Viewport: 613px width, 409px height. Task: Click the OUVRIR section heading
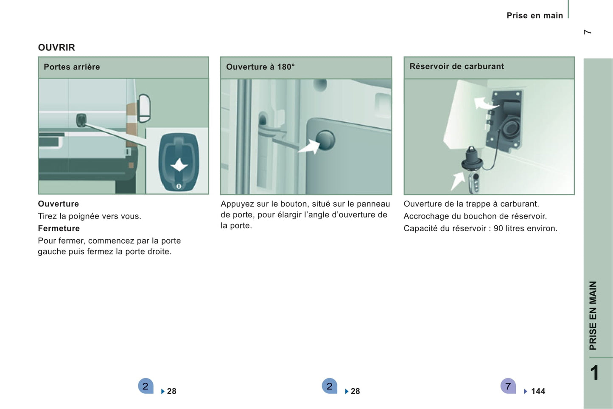point(56,48)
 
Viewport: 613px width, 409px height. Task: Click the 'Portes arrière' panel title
point(72,67)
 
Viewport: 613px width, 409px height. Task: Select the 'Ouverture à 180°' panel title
point(260,67)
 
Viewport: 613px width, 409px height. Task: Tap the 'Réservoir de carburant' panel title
point(456,66)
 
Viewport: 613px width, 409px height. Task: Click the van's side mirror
point(144,108)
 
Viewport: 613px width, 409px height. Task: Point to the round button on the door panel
point(325,140)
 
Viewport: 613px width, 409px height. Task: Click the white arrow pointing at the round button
point(309,146)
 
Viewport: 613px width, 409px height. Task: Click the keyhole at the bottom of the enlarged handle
point(179,186)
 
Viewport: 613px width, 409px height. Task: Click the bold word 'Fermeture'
point(59,228)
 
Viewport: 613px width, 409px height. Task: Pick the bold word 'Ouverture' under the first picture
point(58,204)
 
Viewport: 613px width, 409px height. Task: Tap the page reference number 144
point(538,391)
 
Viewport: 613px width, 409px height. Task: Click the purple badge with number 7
point(508,386)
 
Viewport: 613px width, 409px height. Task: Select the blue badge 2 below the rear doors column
point(146,386)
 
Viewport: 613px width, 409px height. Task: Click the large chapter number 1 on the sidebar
point(595,373)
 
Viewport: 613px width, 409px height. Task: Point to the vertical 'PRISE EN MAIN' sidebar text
point(593,315)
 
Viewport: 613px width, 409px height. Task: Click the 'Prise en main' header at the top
point(535,16)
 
